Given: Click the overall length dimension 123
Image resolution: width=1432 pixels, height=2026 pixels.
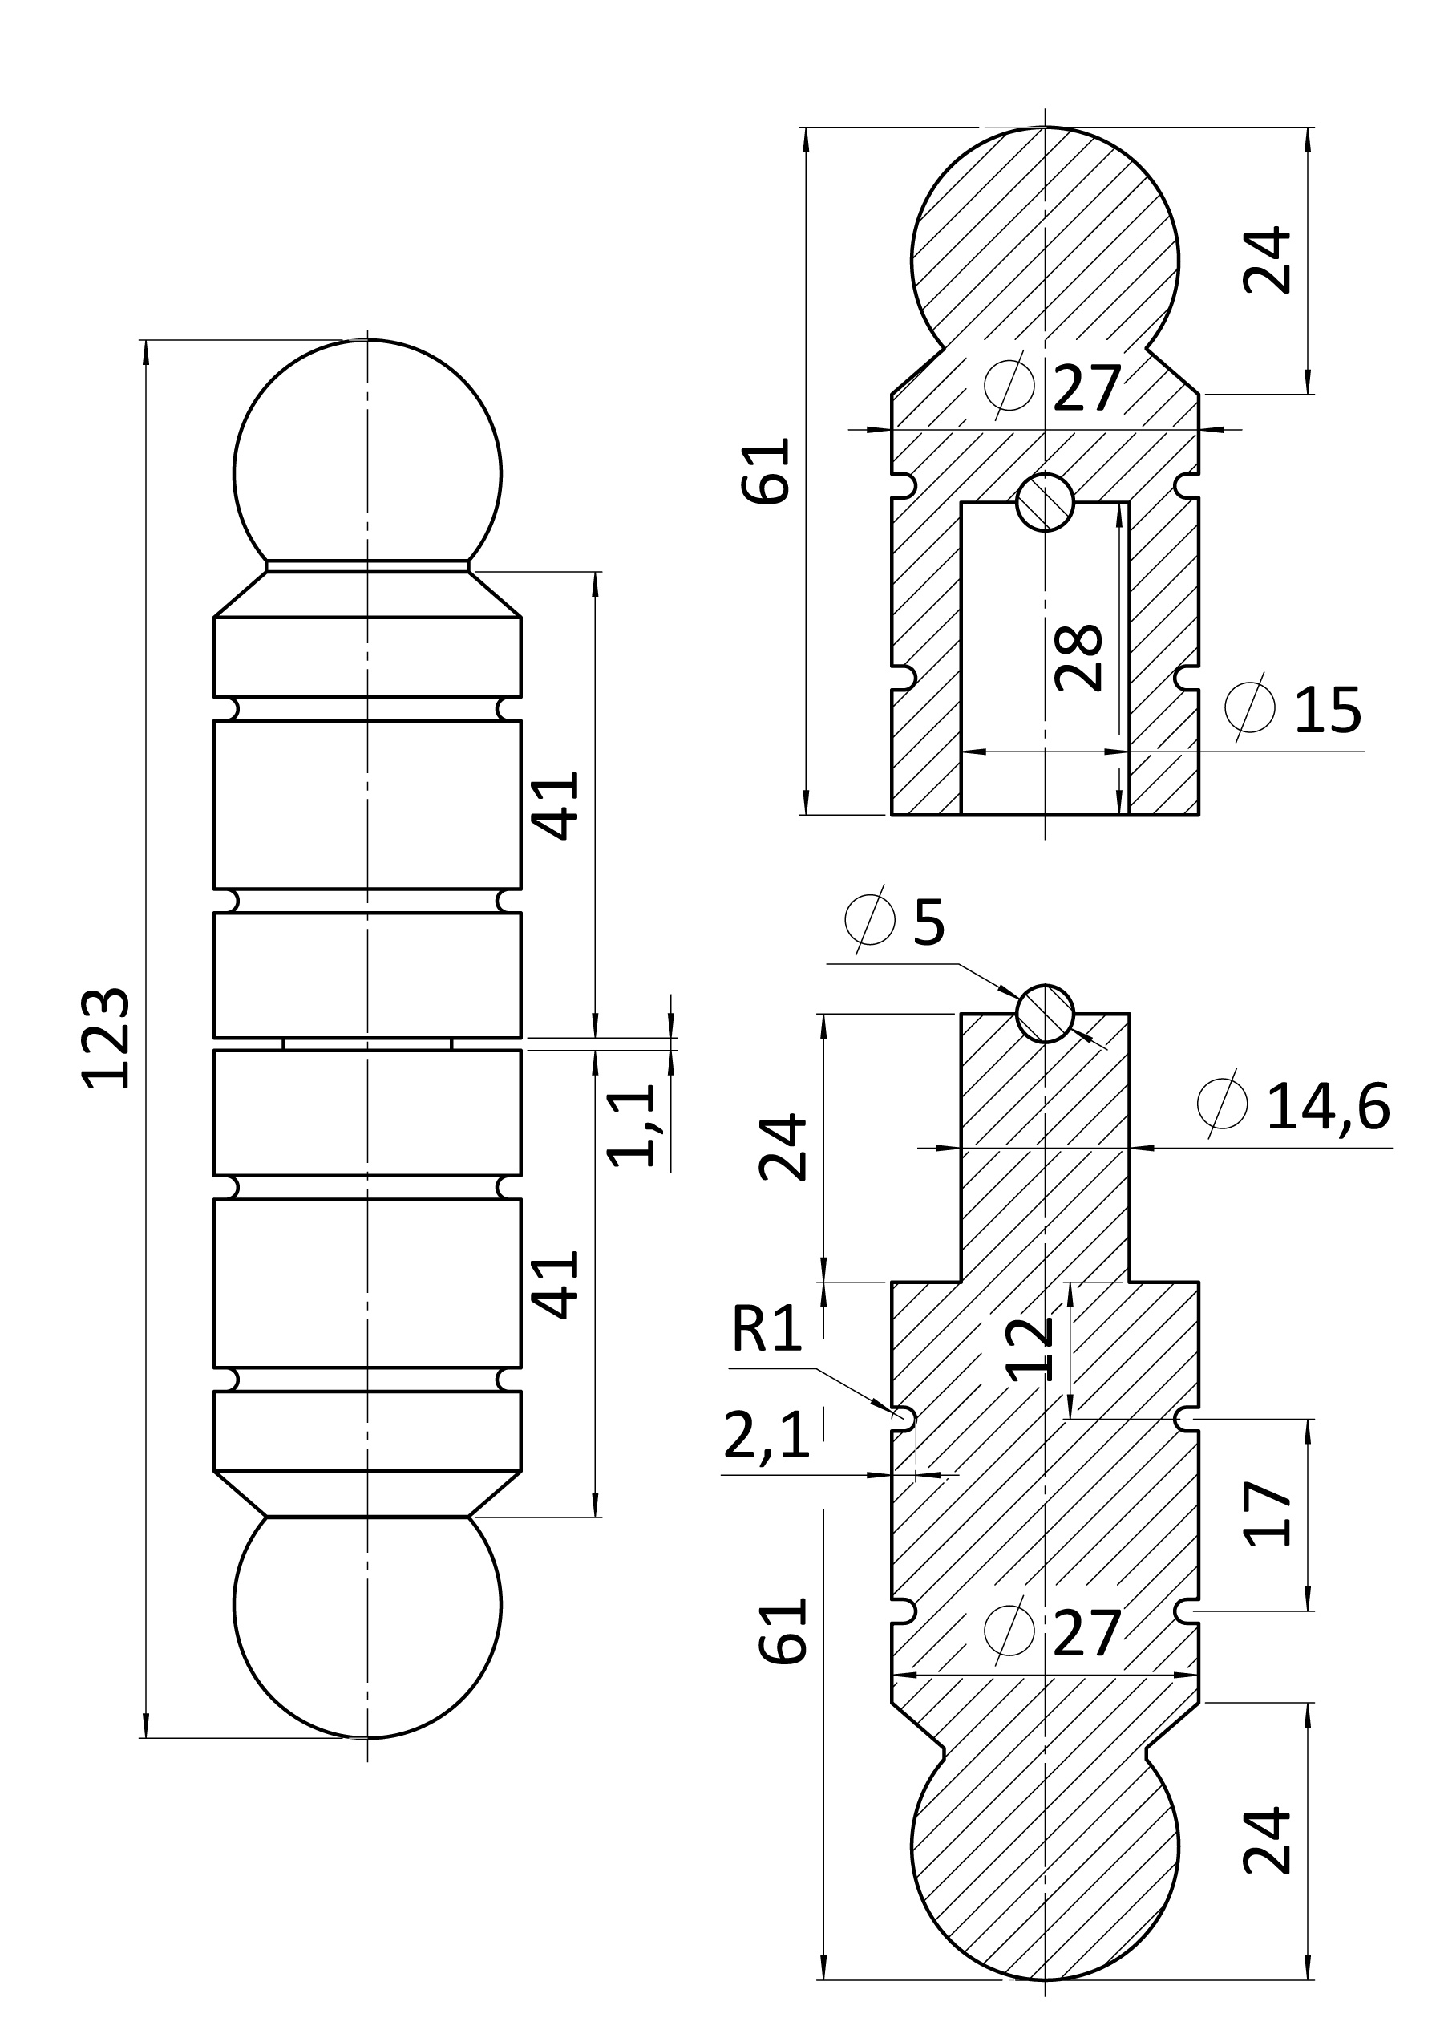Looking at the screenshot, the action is tap(106, 1039).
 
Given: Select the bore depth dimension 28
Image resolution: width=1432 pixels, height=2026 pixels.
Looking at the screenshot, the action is tap(1078, 658).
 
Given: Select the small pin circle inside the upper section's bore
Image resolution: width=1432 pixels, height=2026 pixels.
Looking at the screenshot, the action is tap(1045, 502).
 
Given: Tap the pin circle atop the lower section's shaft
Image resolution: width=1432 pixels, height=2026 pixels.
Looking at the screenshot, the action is tap(1045, 1013).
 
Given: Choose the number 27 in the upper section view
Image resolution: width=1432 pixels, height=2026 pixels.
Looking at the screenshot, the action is tap(1086, 388).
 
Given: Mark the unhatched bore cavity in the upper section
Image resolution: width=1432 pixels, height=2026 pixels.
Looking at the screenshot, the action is tap(1045, 658).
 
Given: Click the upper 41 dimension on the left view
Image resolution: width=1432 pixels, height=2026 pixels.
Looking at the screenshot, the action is tap(556, 805).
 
